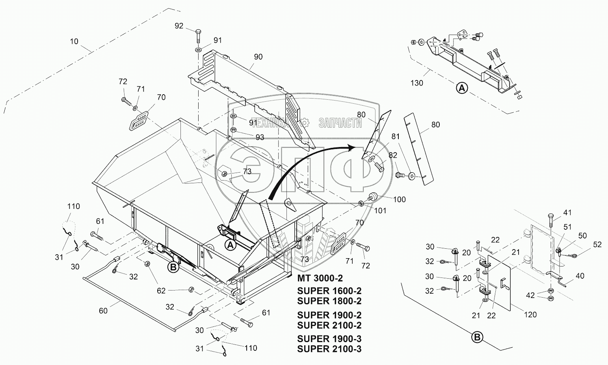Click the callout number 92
click(x=179, y=26)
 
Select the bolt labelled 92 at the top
click(x=198, y=36)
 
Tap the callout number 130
click(x=416, y=83)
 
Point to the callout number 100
click(x=399, y=199)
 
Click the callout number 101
click(x=380, y=210)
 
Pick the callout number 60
click(x=103, y=311)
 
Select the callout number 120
click(x=530, y=315)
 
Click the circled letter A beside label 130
click(x=462, y=88)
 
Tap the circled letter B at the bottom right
click(x=477, y=337)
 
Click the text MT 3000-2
click(x=320, y=278)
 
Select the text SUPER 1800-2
click(x=329, y=301)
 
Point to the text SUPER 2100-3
click(x=329, y=349)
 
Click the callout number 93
click(x=260, y=138)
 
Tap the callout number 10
click(x=74, y=41)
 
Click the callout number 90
click(x=258, y=57)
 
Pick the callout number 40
click(x=580, y=276)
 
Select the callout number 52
click(x=597, y=245)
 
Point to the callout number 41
click(x=567, y=212)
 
